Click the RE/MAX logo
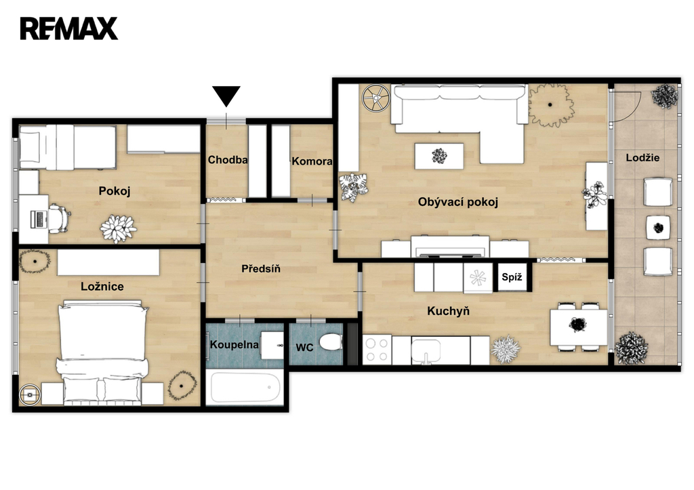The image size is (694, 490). pos(68,28)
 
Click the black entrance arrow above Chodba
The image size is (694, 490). pos(226,95)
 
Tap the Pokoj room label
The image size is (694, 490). pos(115,191)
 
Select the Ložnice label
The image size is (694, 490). pos(102,287)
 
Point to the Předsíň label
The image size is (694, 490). pos(261,268)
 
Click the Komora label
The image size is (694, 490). pos(312,161)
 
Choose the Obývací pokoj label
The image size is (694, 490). pos(458,202)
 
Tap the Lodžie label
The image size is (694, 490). pos(642,158)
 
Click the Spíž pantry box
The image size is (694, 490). pos(512,277)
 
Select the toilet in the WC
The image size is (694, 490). pos(331,342)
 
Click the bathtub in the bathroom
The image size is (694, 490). pos(245,387)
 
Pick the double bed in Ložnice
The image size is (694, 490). pos(103,352)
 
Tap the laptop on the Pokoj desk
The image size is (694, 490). pos(39,220)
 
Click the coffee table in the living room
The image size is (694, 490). pos(439,156)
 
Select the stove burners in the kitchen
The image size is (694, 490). pos(377,350)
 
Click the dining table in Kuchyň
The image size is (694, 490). pos(579,327)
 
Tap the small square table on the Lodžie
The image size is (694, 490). pos(658,228)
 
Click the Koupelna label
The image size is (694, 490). pos(234,344)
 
